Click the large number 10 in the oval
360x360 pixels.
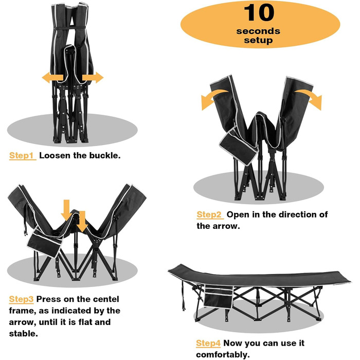[259, 13]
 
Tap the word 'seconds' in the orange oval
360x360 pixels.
[258, 31]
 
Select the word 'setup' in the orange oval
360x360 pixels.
[258, 41]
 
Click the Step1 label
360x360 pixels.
[22, 156]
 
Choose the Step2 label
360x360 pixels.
[210, 214]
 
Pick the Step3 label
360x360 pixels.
[21, 299]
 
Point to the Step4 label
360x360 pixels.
[208, 343]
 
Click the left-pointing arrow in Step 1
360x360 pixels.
[52, 78]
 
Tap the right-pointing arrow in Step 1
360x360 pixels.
[93, 78]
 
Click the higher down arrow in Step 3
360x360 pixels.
[66, 210]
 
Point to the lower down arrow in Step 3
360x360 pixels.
[82, 221]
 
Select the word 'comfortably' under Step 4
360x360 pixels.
[223, 355]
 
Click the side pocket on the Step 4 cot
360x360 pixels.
[219, 297]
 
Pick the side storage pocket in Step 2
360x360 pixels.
[238, 146]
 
